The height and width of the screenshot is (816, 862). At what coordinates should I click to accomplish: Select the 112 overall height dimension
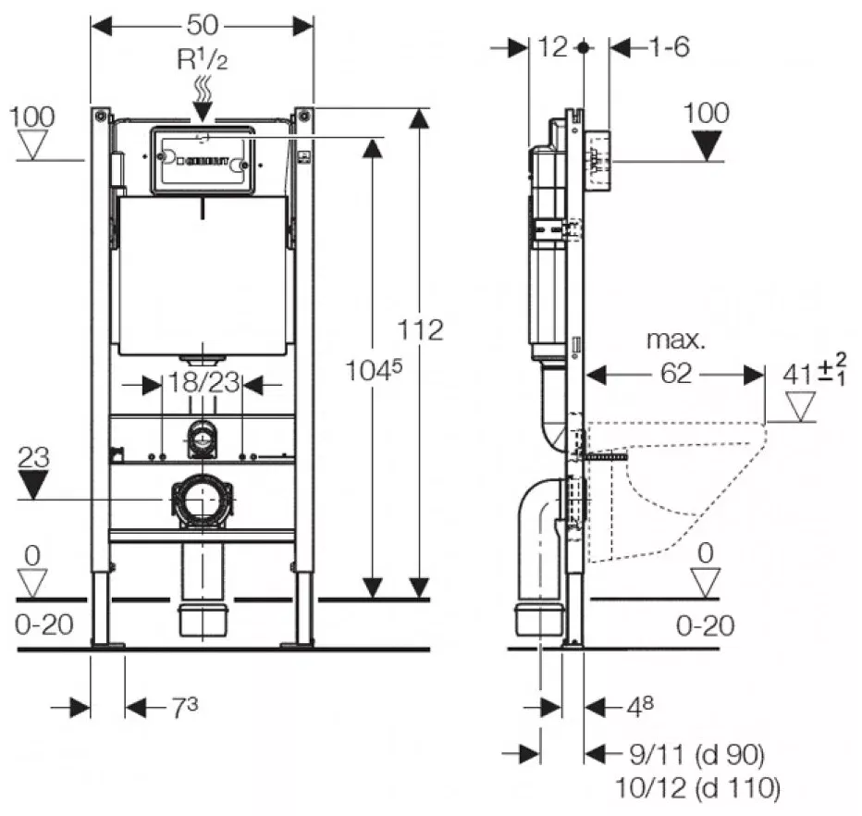coord(421,329)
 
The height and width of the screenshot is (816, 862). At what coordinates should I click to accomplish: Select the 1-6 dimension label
coord(669,47)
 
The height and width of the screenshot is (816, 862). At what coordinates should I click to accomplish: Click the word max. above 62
coord(675,340)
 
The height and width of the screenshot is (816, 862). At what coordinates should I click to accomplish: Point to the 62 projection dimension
coord(676,375)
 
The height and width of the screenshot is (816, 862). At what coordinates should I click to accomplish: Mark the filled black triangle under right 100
coord(708,145)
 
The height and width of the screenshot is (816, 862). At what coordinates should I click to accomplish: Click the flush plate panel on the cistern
coord(202,161)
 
